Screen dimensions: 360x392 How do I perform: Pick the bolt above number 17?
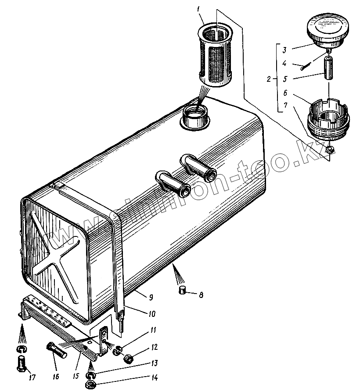[21, 363]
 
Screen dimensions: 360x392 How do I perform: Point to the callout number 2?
[269, 79]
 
